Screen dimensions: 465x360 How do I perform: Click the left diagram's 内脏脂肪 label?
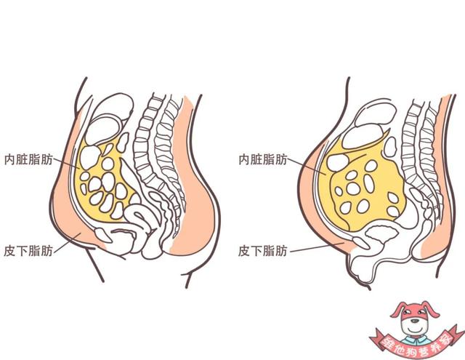point(28,159)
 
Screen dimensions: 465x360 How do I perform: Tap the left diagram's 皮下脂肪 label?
point(28,251)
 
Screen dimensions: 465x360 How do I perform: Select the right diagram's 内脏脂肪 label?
point(263,159)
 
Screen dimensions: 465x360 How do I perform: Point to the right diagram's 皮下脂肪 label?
point(263,251)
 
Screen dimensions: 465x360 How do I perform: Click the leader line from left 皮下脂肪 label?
point(68,243)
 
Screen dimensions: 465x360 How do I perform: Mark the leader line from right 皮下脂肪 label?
point(318,247)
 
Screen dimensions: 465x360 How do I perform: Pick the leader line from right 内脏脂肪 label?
point(307,167)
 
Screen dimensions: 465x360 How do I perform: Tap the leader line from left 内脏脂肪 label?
point(66,163)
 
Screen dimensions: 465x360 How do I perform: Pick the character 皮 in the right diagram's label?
point(244,251)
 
